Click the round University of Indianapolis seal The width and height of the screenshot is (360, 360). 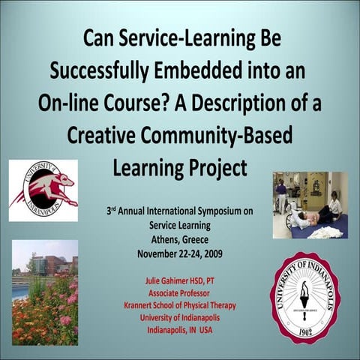(x=306, y=296)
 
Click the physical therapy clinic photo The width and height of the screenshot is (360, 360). (x=310, y=205)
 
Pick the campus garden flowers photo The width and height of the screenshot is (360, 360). (x=45, y=292)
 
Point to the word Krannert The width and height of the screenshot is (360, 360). (x=143, y=304)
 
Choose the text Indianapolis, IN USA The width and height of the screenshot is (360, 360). (x=180, y=329)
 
